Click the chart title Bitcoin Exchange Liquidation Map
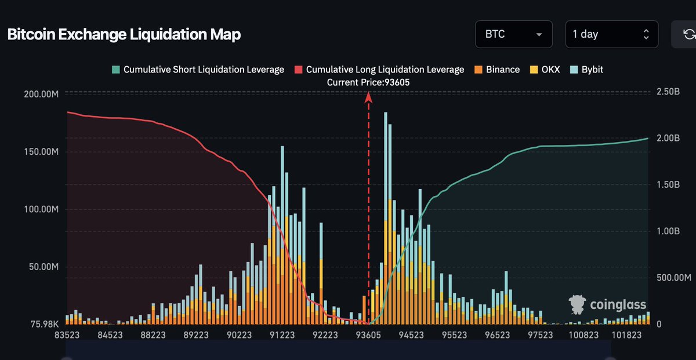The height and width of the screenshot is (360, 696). (x=124, y=34)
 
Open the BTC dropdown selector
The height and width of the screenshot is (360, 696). (x=514, y=34)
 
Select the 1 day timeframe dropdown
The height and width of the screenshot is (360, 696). (x=611, y=34)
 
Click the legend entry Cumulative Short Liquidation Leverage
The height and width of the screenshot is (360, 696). (x=198, y=70)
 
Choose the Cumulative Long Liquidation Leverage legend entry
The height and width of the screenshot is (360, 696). (x=379, y=70)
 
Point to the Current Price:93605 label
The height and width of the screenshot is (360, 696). (x=368, y=82)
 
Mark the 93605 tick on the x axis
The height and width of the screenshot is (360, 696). (x=368, y=335)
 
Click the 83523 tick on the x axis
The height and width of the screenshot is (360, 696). (x=68, y=335)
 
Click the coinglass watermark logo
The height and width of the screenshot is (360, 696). (x=607, y=304)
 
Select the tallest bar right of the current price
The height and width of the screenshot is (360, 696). (x=386, y=220)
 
